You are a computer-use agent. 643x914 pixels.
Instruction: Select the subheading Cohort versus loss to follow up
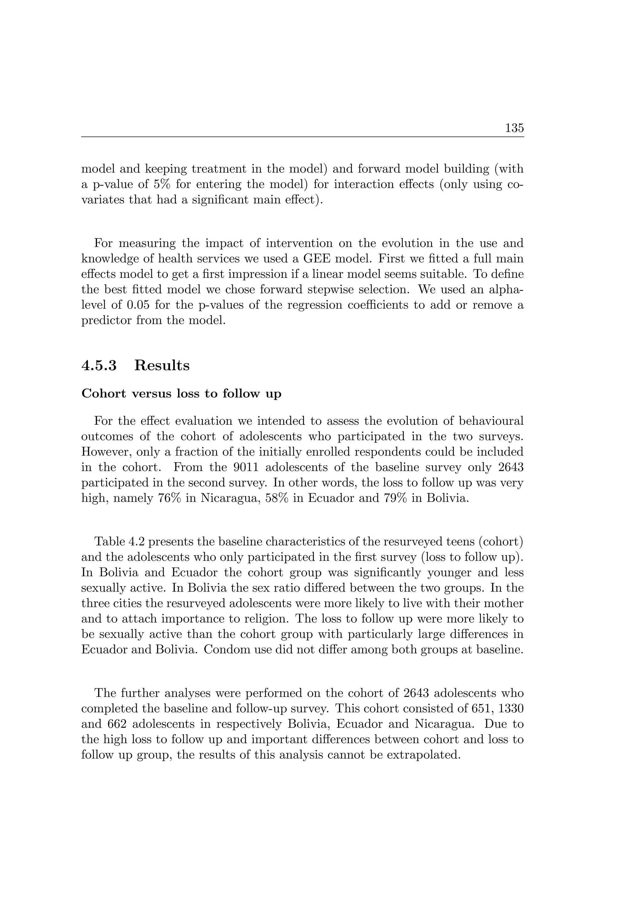(x=181, y=394)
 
